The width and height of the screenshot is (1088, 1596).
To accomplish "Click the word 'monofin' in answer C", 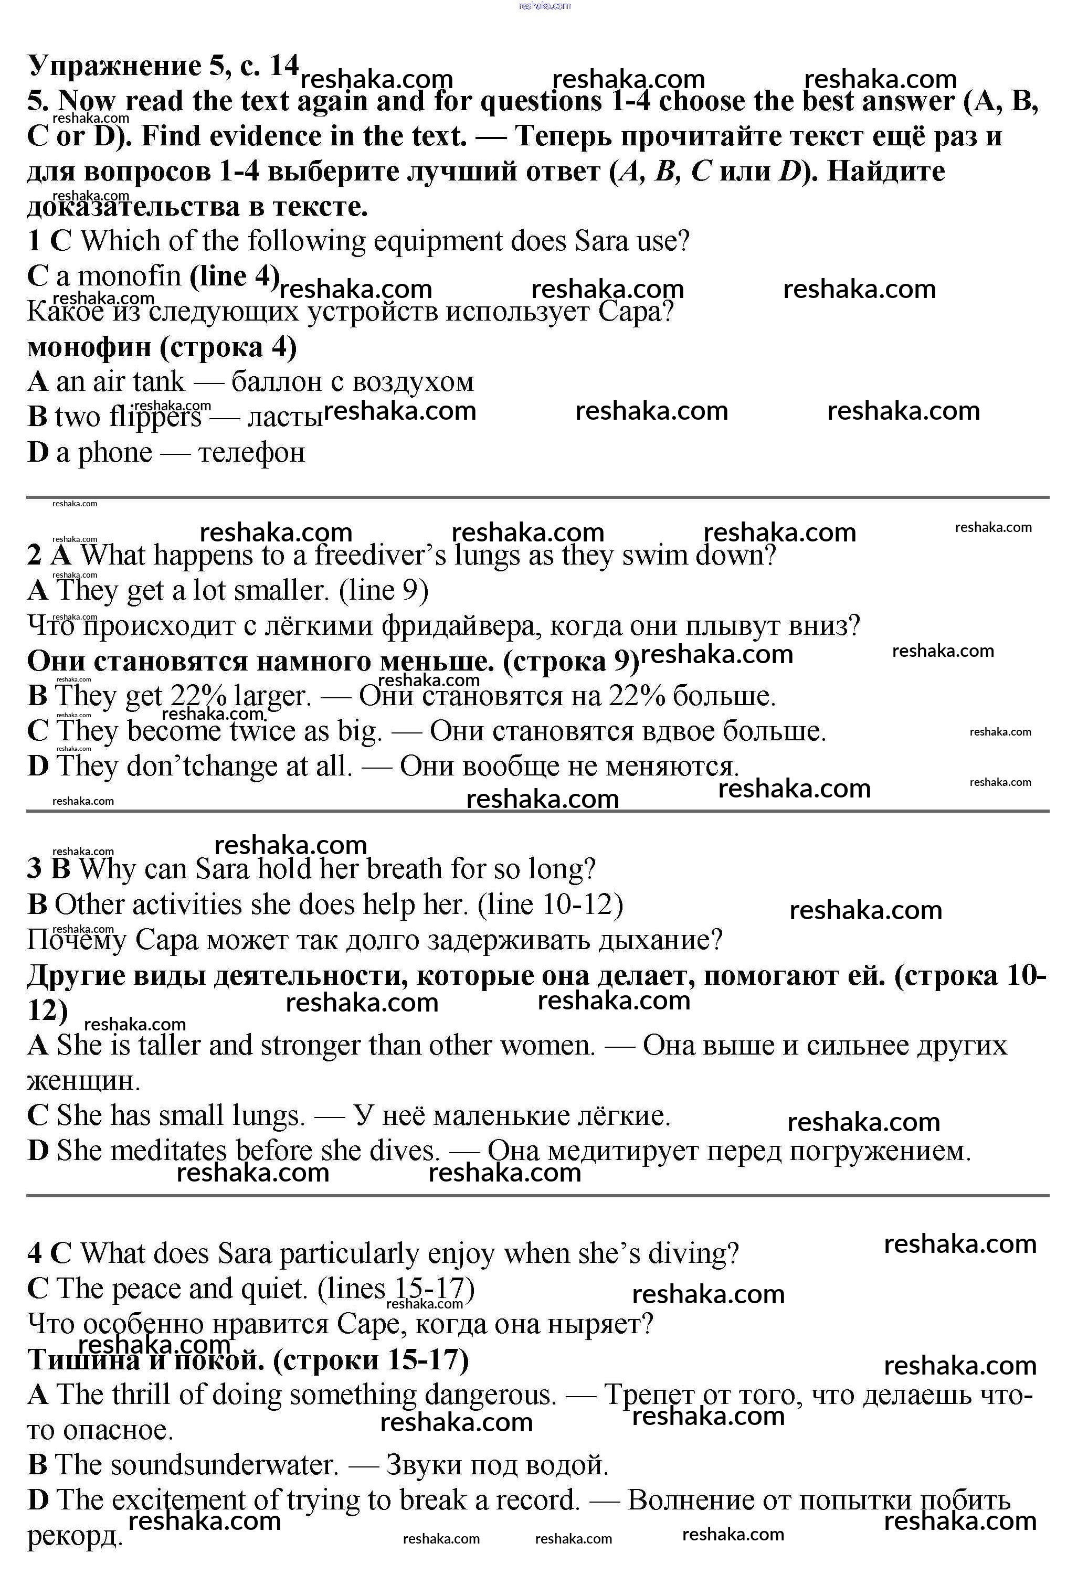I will point(129,276).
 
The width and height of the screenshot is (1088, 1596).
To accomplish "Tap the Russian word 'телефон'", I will point(251,453).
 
